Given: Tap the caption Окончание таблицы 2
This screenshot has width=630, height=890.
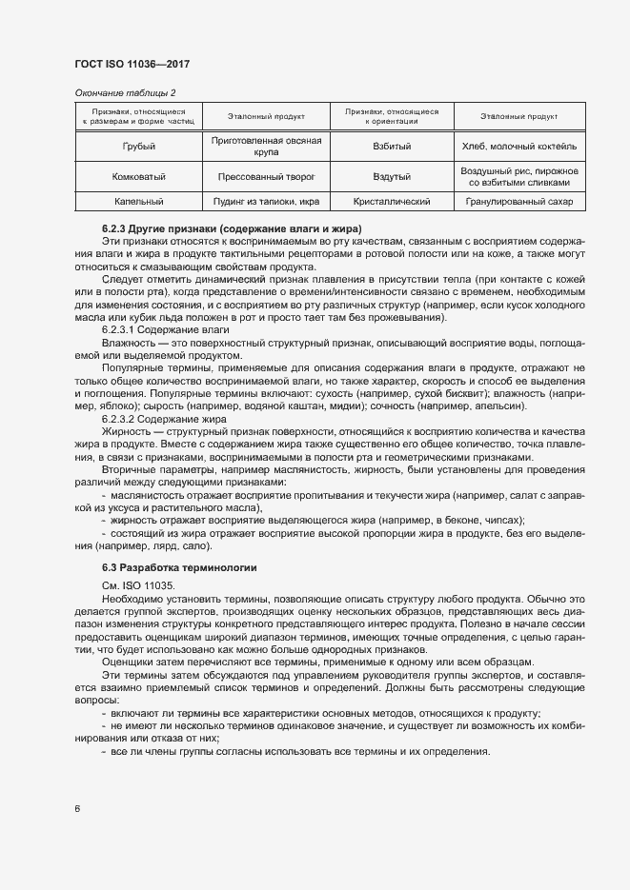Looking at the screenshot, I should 125,92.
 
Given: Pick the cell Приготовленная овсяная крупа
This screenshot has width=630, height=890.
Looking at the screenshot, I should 266,147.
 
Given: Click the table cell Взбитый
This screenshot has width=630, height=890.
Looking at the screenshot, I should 393,147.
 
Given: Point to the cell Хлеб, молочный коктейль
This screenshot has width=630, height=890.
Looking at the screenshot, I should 519,147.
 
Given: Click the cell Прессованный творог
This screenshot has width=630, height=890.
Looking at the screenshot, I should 266,177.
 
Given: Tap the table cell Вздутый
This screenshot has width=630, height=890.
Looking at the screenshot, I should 393,177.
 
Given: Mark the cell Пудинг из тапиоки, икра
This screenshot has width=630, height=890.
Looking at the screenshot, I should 266,202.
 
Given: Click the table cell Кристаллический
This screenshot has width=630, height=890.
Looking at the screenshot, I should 393,202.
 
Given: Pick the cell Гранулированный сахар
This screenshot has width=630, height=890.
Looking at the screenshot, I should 519,202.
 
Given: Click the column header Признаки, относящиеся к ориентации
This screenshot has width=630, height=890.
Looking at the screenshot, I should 393,116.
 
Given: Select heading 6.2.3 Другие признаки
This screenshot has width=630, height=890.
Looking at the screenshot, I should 232,230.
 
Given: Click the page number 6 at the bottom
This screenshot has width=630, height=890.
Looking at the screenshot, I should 76,809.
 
